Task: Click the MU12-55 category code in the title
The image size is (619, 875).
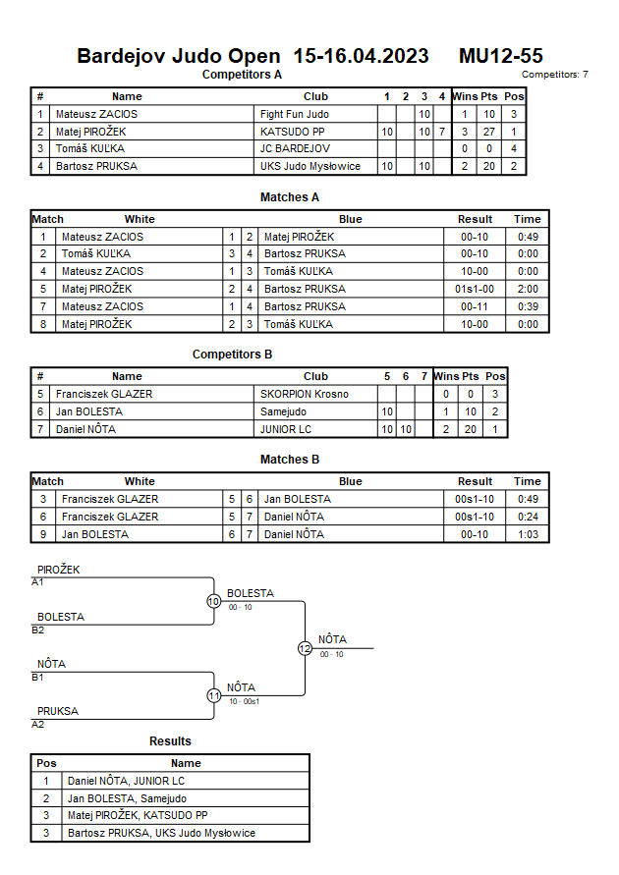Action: pos(500,56)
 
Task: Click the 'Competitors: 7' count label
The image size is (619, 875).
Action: pos(555,75)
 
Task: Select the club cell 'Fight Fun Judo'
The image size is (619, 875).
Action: pos(295,114)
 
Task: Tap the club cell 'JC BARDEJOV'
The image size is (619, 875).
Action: pos(295,149)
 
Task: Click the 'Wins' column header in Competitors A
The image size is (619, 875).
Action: pos(465,96)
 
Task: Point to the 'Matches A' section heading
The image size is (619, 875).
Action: pos(290,197)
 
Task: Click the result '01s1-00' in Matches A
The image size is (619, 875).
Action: pos(476,289)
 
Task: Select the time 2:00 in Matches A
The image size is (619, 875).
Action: pos(528,289)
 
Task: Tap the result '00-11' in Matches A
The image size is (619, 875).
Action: pos(476,306)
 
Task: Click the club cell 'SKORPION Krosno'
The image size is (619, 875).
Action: pos(305,394)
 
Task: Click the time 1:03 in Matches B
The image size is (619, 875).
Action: pos(528,534)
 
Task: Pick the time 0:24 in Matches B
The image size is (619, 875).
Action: pos(528,517)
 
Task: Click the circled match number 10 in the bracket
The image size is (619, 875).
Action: pos(213,601)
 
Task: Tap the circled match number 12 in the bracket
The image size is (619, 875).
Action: pos(305,648)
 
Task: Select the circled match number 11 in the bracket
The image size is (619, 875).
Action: pos(213,695)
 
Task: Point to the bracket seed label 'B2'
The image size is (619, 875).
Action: pos(38,629)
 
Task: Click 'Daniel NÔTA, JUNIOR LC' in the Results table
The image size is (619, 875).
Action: pos(126,781)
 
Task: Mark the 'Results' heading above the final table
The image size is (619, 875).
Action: pos(170,740)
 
